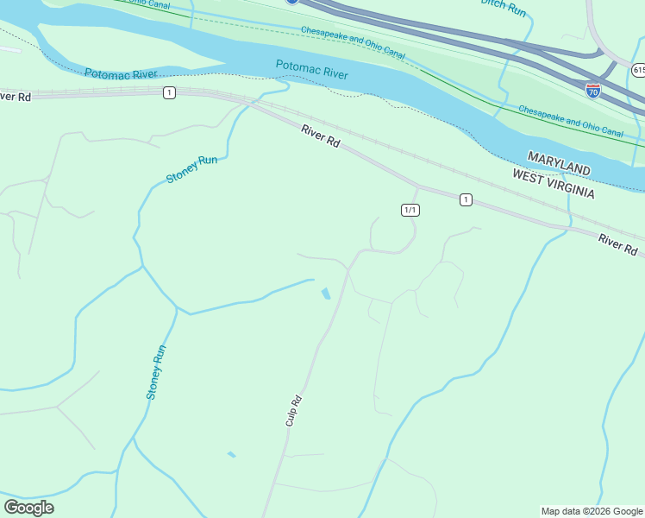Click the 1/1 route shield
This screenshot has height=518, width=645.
pyautogui.click(x=410, y=210)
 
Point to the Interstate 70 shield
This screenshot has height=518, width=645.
pyautogui.click(x=592, y=90)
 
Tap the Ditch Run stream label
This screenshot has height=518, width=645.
pyautogui.click(x=504, y=7)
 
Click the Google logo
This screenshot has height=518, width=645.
pyautogui.click(x=28, y=508)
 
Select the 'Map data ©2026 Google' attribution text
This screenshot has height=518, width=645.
pyautogui.click(x=592, y=511)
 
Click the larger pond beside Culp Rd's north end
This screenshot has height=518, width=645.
pyautogui.click(x=325, y=294)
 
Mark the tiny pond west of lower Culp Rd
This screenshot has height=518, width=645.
pyautogui.click(x=231, y=453)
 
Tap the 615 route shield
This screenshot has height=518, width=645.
pyautogui.click(x=637, y=69)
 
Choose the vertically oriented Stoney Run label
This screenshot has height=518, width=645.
pyautogui.click(x=155, y=372)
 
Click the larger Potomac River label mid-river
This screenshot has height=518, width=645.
pyautogui.click(x=312, y=70)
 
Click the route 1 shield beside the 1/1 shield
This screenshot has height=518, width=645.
pyautogui.click(x=466, y=199)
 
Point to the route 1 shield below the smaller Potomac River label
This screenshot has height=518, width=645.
pyautogui.click(x=169, y=92)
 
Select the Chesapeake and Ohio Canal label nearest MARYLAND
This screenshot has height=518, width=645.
pyautogui.click(x=570, y=121)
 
